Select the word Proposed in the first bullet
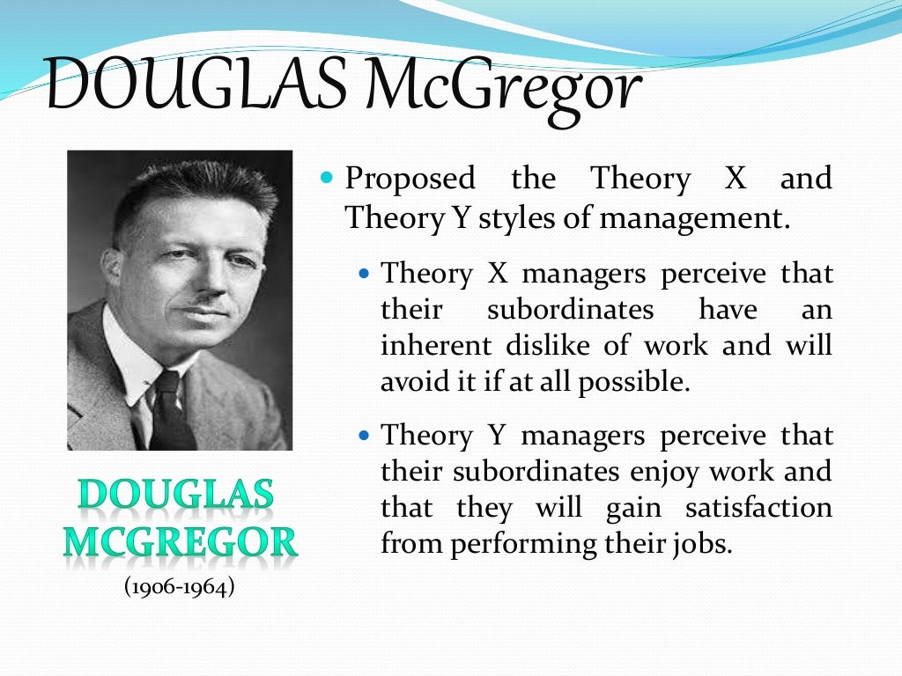(x=410, y=179)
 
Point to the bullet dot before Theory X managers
(x=367, y=274)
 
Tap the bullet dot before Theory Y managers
(x=367, y=436)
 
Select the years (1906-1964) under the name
(x=179, y=586)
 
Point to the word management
(x=692, y=217)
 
